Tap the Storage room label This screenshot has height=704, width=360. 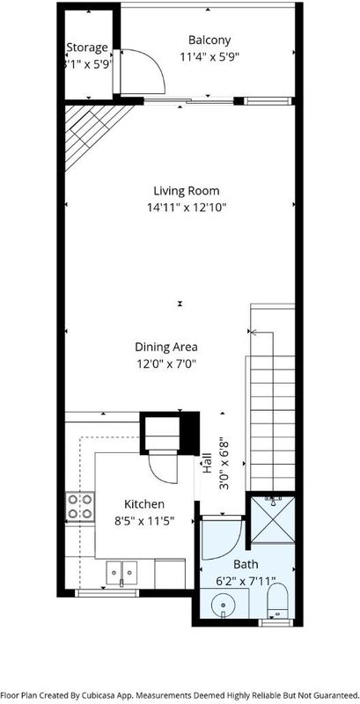87,48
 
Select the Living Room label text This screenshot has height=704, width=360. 187,191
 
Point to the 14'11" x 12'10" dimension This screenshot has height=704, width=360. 187,208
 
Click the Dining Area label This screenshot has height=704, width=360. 166,347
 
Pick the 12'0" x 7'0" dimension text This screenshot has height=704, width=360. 166,363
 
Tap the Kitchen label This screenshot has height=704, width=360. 144,504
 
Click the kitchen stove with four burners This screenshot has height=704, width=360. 80,507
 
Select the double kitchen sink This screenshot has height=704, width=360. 122,573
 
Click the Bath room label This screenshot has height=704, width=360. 246,564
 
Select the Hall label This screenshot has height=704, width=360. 208,463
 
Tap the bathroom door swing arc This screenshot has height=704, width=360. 234,548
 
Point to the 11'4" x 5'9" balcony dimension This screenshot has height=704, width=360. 209,57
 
